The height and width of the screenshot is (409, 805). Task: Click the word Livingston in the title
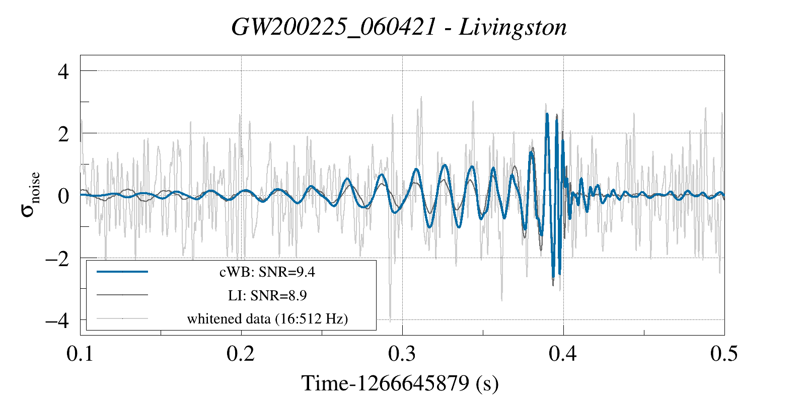point(513,27)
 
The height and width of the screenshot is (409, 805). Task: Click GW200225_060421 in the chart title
point(333,27)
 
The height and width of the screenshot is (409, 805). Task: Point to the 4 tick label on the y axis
point(63,71)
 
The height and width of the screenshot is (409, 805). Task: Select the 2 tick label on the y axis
point(63,134)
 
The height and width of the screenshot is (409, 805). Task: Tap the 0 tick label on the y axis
point(63,196)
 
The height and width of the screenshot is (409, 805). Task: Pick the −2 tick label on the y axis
point(57,259)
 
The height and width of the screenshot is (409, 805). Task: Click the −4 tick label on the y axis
point(57,320)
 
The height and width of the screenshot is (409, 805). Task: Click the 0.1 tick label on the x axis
point(81,354)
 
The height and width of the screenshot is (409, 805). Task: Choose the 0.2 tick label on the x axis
point(241,354)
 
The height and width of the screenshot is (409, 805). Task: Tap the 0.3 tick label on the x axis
point(402,354)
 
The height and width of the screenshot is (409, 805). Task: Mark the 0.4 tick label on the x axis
point(563,354)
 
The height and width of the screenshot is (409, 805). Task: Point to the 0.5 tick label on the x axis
point(724,354)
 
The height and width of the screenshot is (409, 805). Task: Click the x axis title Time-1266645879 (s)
point(400,383)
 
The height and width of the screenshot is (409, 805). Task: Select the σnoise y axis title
point(31,195)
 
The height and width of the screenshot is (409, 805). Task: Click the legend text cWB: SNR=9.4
point(267,272)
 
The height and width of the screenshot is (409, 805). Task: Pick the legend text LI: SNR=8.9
point(267,295)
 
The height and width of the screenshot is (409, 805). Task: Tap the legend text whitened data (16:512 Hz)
point(267,318)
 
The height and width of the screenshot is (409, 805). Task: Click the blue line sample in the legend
point(122,272)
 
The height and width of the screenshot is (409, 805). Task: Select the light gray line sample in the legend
point(122,318)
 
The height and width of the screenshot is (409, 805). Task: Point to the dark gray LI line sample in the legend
point(122,295)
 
